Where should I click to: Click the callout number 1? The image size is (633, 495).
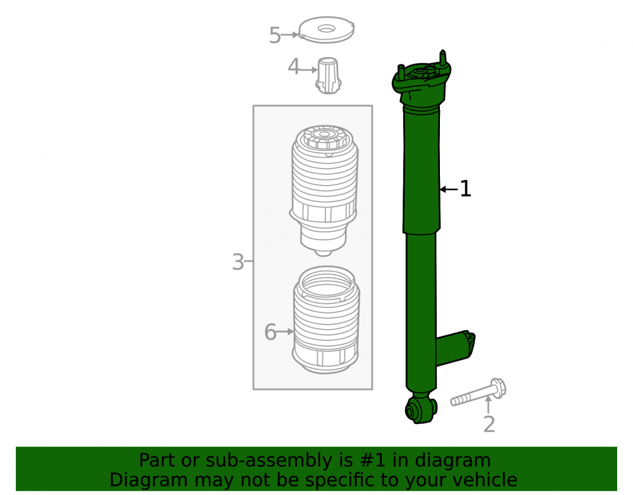465,189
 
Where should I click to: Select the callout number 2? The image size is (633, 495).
489,424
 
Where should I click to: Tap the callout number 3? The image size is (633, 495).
238,262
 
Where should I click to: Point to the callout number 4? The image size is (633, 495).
294,67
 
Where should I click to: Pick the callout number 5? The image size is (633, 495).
275,35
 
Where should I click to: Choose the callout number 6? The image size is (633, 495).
270,332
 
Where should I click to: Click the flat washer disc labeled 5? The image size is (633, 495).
326,30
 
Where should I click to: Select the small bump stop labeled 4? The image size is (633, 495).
328,76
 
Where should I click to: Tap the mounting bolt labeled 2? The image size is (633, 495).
479,392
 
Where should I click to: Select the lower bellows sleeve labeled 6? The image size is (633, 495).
326,319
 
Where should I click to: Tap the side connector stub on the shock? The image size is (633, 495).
455,348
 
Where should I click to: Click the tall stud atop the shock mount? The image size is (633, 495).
443,58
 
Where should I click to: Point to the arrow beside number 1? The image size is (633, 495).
449,189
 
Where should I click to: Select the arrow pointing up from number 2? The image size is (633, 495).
489,404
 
